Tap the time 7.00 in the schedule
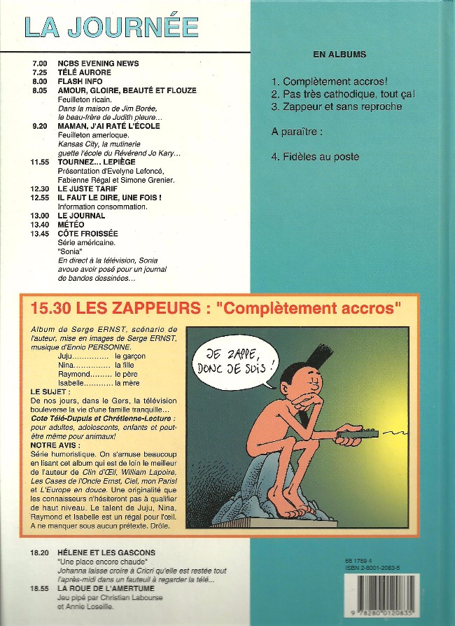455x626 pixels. click(39, 64)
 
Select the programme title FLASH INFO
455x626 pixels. click(81, 81)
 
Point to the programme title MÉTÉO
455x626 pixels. click(71, 224)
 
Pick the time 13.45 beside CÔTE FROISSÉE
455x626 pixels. click(41, 233)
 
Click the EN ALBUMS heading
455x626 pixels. click(339, 54)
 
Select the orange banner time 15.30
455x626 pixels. click(47, 307)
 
